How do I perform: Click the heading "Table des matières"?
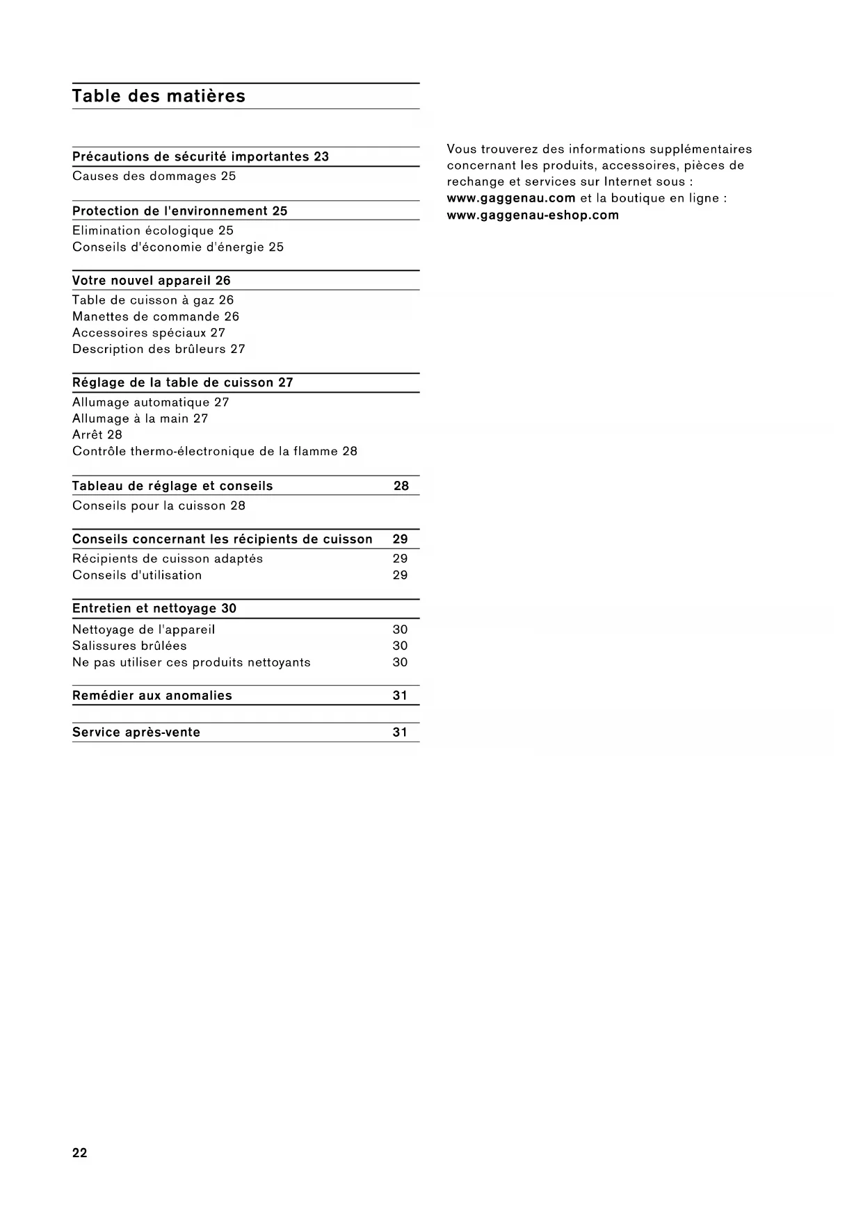click(159, 96)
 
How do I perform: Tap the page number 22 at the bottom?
click(80, 1153)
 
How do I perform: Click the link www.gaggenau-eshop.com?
click(533, 215)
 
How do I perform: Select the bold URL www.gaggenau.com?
click(511, 199)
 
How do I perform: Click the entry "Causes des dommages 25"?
click(154, 177)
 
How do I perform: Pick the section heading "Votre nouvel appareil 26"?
click(152, 281)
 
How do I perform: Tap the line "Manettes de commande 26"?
click(156, 317)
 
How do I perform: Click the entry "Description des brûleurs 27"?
click(159, 350)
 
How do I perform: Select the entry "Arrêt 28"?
click(97, 435)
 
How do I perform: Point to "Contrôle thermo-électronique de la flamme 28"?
click(215, 452)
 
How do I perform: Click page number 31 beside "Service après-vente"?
click(400, 733)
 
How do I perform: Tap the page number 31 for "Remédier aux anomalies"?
click(400, 696)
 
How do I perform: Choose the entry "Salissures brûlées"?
click(129, 646)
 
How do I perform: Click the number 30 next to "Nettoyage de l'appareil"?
click(400, 630)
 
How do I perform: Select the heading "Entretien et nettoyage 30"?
click(154, 609)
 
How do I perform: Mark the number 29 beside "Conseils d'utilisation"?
click(400, 575)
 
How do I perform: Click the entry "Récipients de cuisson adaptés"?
click(168, 559)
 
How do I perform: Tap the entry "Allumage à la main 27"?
click(140, 419)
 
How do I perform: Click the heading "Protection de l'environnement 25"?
click(180, 211)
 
